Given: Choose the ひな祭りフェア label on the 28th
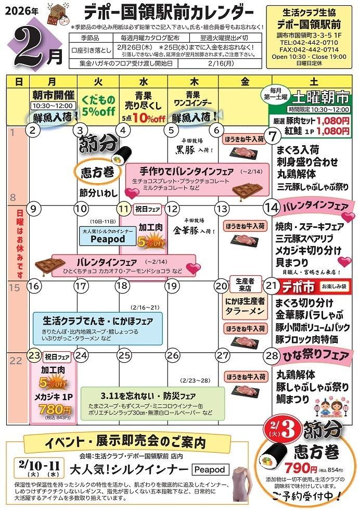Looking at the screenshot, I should click(x=315, y=356).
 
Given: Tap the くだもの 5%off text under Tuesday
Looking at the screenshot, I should click(x=98, y=104).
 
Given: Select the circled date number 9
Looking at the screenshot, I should click(x=33, y=208).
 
